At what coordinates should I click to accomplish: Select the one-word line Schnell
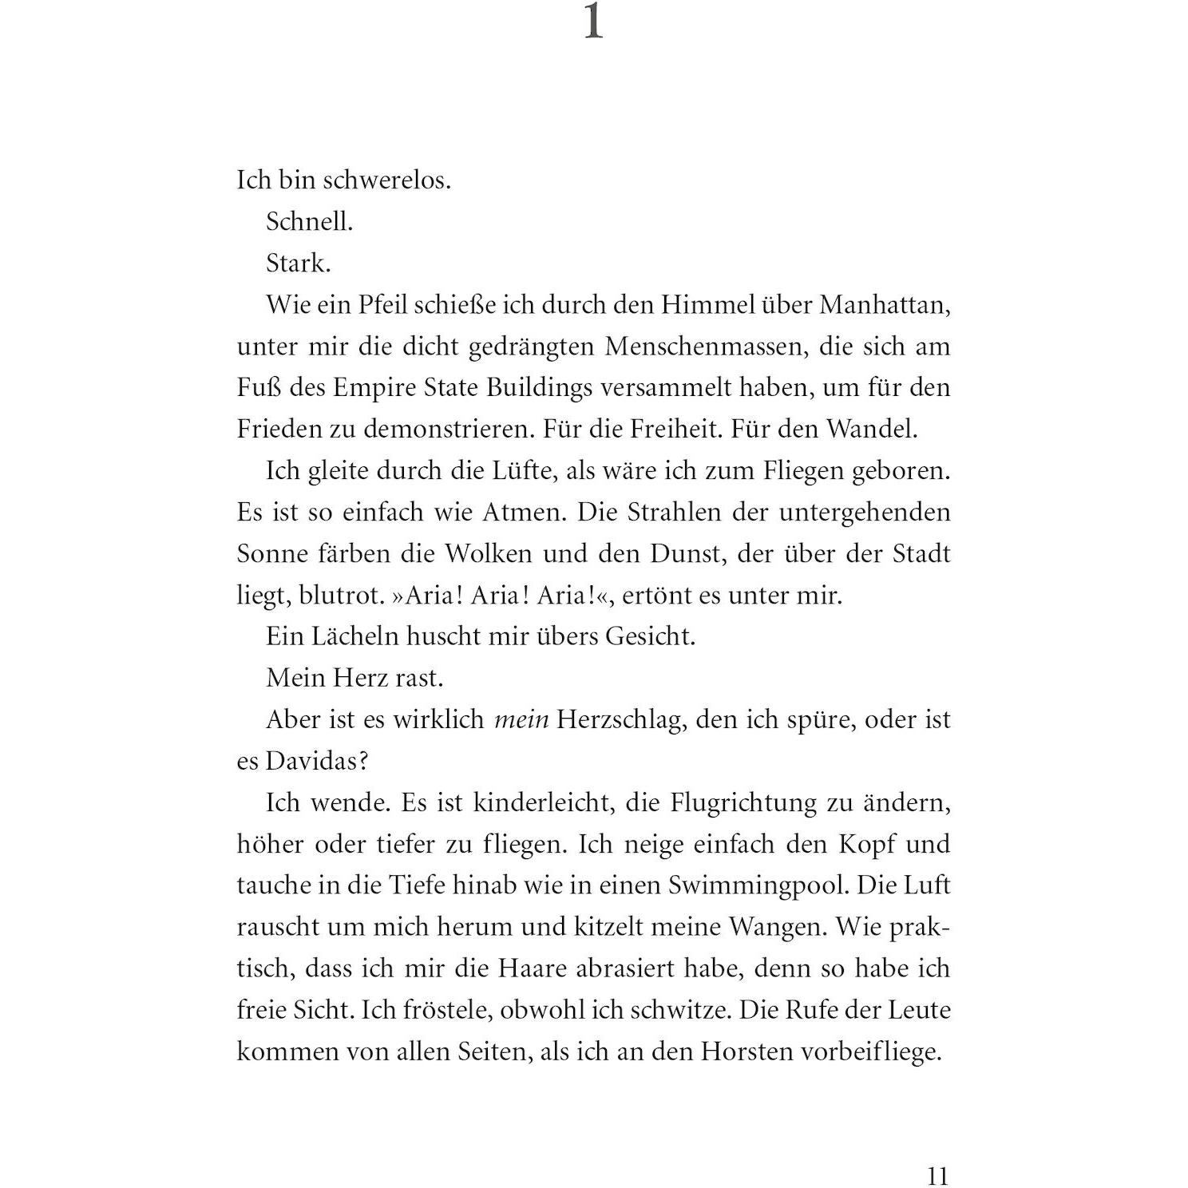pos(309,222)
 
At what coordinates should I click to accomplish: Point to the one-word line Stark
pos(298,263)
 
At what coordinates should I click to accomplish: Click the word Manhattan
pos(885,305)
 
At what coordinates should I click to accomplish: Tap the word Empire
pos(374,388)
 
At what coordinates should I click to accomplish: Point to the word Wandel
pos(871,430)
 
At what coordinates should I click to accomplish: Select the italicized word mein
pos(521,720)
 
